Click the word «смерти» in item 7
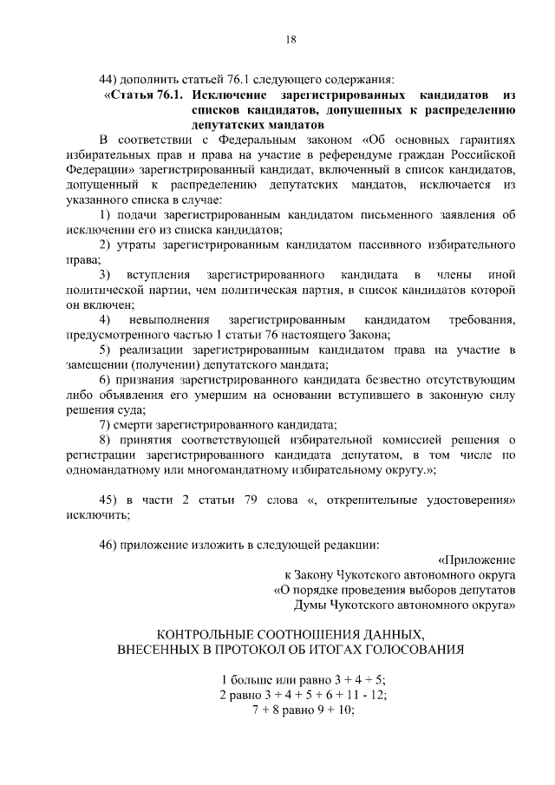point(139,425)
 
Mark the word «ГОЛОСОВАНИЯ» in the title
point(410,649)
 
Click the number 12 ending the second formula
point(379,694)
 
